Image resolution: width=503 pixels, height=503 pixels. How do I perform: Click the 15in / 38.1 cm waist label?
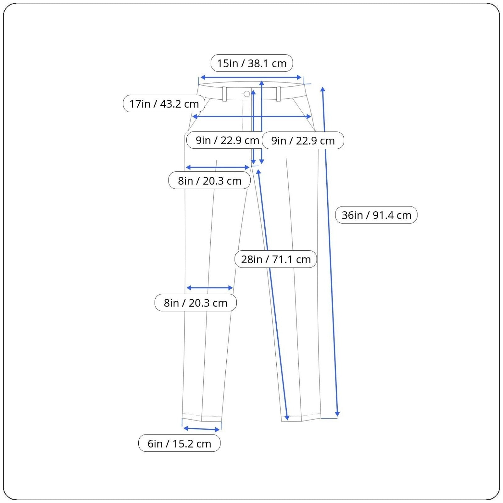click(251, 63)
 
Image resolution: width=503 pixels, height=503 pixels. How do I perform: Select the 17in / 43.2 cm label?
click(164, 103)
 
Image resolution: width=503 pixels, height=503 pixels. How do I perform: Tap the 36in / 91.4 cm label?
click(376, 215)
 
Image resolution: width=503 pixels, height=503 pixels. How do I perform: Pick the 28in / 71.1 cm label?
click(276, 259)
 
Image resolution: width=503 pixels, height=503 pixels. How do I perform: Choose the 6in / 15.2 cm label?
click(179, 443)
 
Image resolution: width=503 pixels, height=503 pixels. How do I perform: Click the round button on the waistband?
click(247, 94)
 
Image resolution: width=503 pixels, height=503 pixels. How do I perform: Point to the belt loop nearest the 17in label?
click(224, 94)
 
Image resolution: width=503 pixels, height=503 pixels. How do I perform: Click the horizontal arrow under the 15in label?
click(251, 77)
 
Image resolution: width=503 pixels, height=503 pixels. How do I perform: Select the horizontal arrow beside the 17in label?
click(251, 117)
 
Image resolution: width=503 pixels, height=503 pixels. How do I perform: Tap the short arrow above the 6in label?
click(202, 429)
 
